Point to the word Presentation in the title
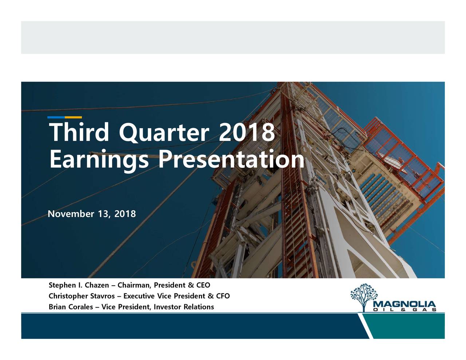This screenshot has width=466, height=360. (x=230, y=160)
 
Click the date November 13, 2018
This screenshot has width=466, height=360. (x=92, y=214)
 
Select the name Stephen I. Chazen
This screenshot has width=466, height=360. (x=79, y=285)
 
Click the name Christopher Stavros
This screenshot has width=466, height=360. (x=82, y=296)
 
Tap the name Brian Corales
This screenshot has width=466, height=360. (x=71, y=307)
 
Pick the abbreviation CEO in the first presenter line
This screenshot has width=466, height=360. (x=203, y=285)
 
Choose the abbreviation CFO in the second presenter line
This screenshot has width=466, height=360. (x=223, y=296)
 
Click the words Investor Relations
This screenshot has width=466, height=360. (x=184, y=307)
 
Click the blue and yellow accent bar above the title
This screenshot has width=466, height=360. (x=64, y=117)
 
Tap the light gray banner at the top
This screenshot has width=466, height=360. (x=233, y=37)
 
